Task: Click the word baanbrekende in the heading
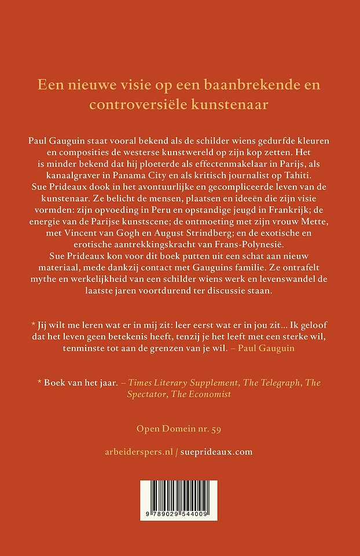click(238, 85)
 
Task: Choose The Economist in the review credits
click(189, 394)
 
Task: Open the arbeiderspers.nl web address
click(141, 452)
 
